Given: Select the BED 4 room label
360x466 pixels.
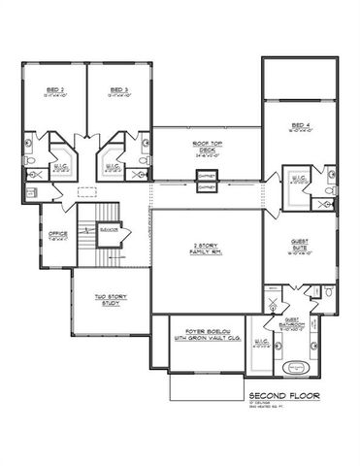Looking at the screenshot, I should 299,127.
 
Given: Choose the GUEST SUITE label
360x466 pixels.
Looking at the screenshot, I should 299,248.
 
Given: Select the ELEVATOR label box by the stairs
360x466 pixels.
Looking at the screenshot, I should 110,229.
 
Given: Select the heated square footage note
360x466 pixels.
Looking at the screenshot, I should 268,409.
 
